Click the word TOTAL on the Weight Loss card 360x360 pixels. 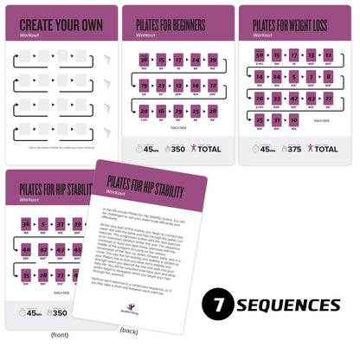pyautogui.click(x=325, y=148)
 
